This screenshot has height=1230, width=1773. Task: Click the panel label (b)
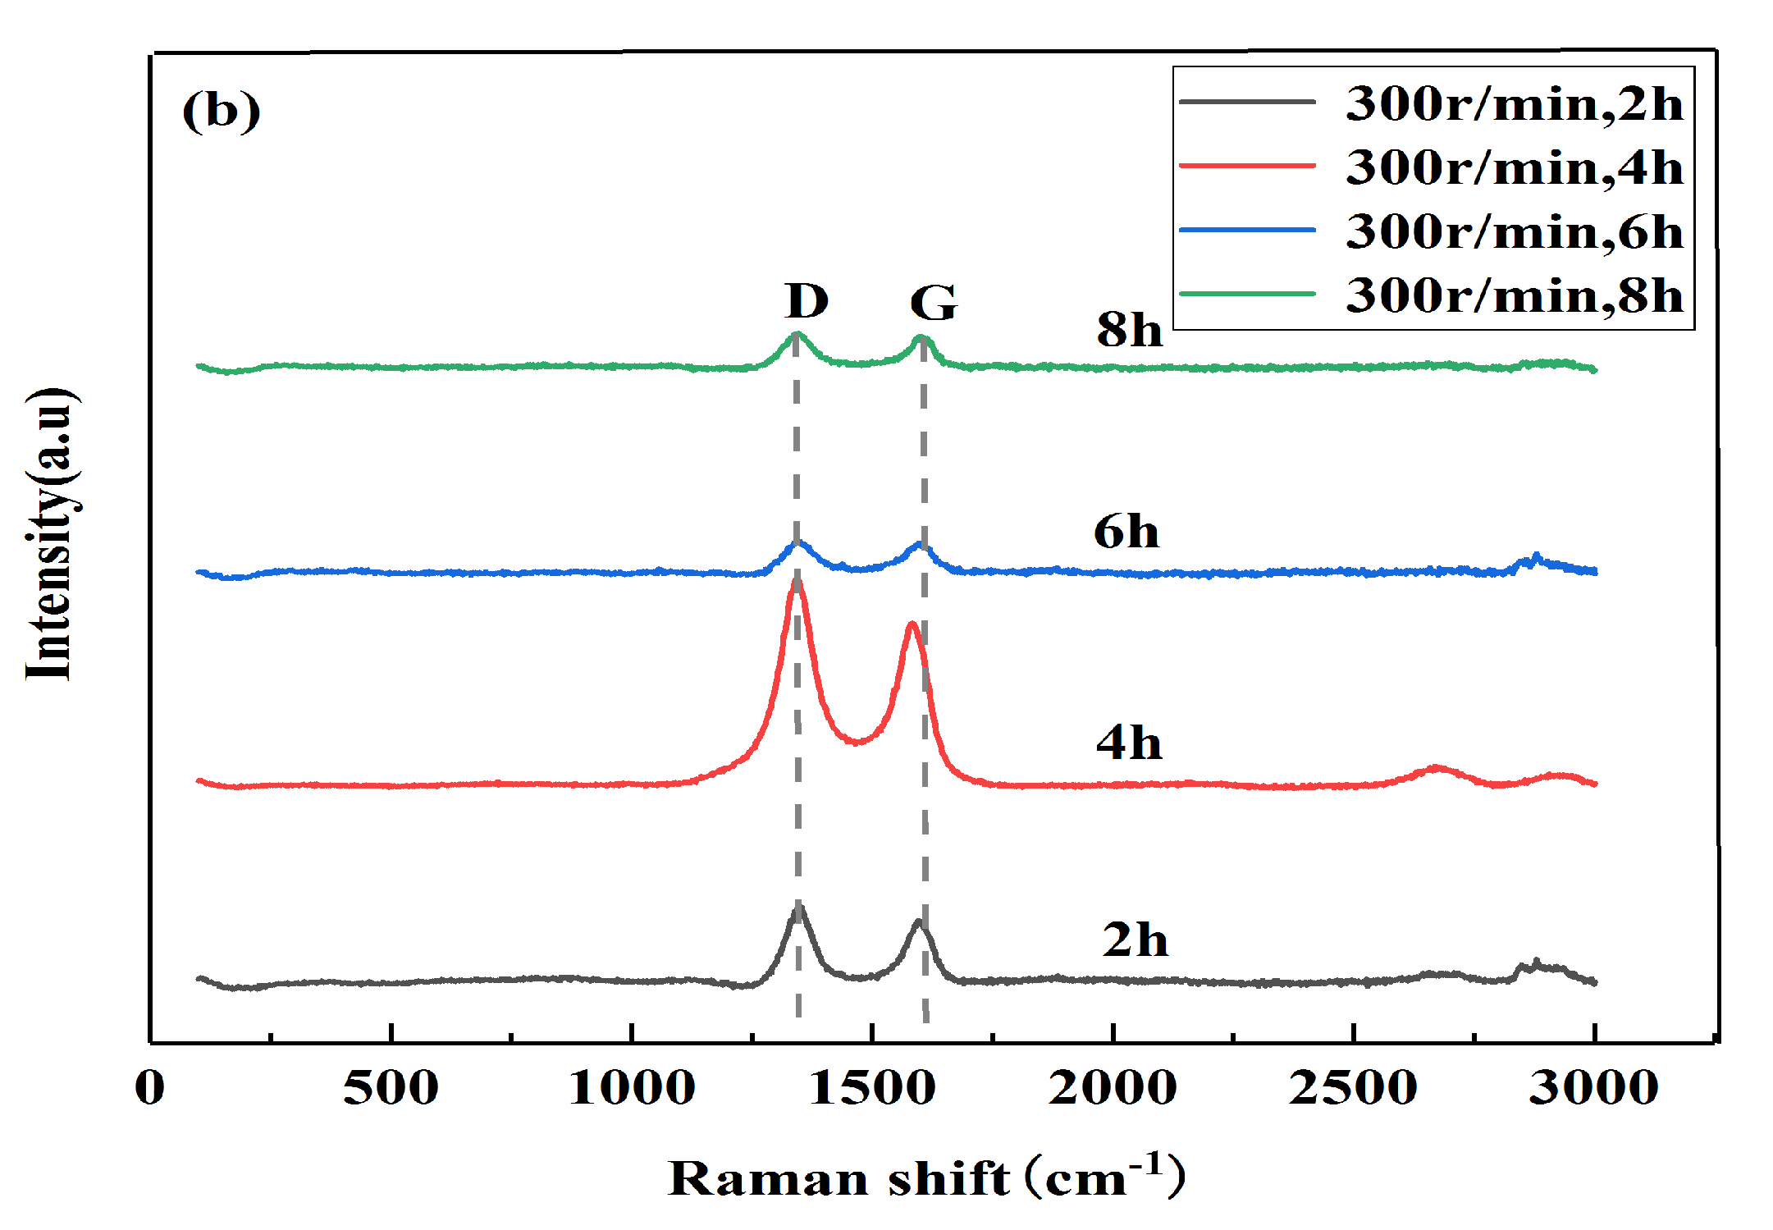pyautogui.click(x=221, y=111)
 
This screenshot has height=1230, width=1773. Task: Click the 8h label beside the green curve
pyautogui.click(x=1129, y=330)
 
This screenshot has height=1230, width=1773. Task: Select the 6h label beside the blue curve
pyautogui.click(x=1126, y=532)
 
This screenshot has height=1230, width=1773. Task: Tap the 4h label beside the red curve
pyautogui.click(x=1129, y=743)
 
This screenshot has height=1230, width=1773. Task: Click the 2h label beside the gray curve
pyautogui.click(x=1135, y=940)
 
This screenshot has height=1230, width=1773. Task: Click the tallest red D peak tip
pyautogui.click(x=795, y=581)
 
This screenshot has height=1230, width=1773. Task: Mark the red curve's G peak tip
pyautogui.click(x=912, y=624)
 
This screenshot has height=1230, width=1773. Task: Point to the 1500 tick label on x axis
pyautogui.click(x=871, y=1088)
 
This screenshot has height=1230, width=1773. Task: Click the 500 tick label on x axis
pyautogui.click(x=391, y=1088)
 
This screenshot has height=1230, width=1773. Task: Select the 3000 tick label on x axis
pyautogui.click(x=1593, y=1088)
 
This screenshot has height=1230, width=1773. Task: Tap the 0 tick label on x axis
pyautogui.click(x=150, y=1088)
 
